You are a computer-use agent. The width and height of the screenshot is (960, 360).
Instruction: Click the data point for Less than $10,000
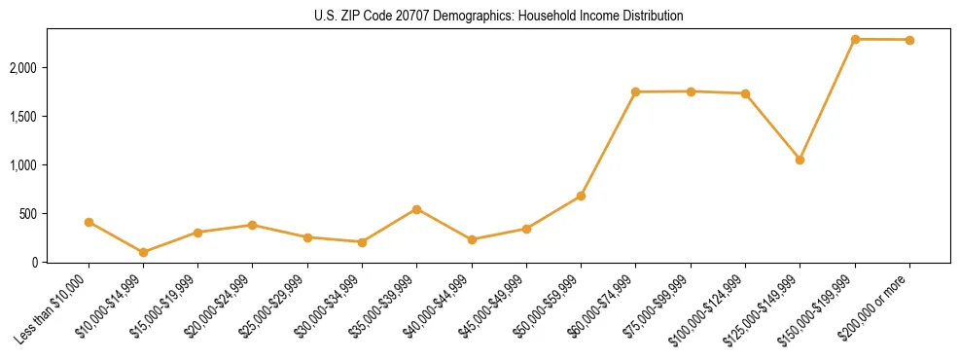click(89, 223)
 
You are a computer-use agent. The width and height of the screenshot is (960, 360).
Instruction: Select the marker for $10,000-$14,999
click(144, 252)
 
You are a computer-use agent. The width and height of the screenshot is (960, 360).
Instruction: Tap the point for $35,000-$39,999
click(416, 209)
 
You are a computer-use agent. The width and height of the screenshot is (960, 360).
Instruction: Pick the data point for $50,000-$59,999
click(581, 196)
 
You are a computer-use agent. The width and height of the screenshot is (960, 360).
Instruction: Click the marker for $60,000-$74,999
click(635, 92)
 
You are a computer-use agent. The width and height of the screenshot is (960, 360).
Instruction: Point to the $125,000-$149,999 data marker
click(800, 160)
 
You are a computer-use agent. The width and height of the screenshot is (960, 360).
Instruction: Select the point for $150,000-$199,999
click(855, 39)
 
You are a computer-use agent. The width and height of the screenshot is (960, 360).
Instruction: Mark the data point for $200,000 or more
click(909, 40)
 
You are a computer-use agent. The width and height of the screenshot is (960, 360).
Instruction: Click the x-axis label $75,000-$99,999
click(660, 303)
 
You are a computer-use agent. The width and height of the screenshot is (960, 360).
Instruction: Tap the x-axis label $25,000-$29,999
click(277, 303)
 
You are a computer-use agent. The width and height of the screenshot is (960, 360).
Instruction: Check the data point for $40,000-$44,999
click(472, 239)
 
